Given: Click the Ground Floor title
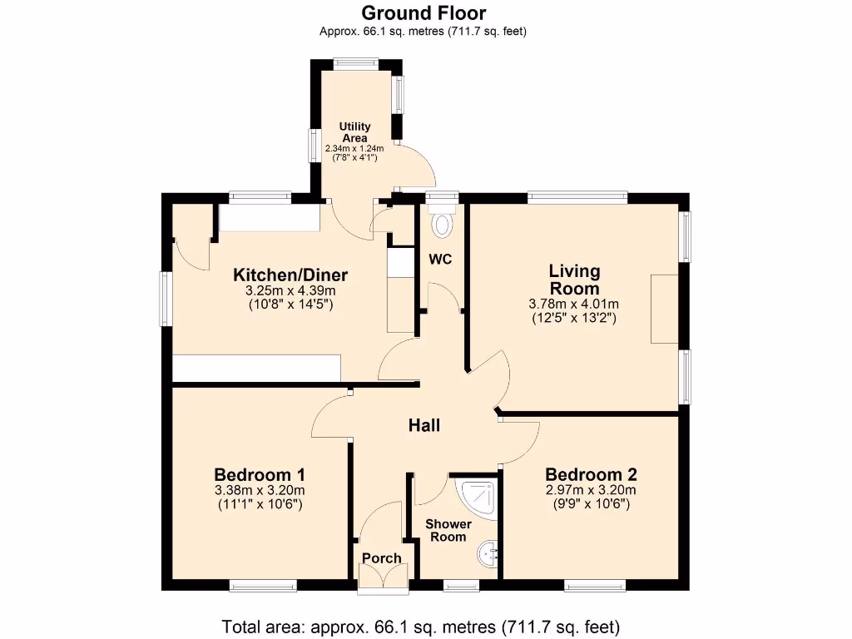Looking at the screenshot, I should tap(424, 12).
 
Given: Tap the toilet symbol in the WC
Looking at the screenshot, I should tap(441, 222).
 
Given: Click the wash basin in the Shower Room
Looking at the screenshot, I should tap(488, 550).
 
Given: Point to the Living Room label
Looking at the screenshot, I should tap(574, 280).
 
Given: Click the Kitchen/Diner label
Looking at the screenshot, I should tap(290, 275).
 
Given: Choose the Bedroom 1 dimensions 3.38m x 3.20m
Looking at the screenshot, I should tap(260, 490).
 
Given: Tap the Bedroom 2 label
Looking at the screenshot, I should tap(591, 475).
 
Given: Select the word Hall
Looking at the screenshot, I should tap(424, 426).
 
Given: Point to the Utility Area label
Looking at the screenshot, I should tap(355, 131).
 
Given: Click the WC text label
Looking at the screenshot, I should tap(440, 260).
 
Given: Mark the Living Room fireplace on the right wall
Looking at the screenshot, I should tap(665, 308).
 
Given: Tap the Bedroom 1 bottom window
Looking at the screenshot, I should tap(263, 586).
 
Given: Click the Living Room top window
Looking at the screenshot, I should tap(577, 198).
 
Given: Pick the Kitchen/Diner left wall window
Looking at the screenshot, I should tap(166, 299).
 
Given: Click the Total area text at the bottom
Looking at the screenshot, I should tap(421, 627).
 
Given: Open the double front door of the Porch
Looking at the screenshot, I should tap(383, 577).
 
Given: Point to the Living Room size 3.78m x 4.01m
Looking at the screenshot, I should tap(573, 304).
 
